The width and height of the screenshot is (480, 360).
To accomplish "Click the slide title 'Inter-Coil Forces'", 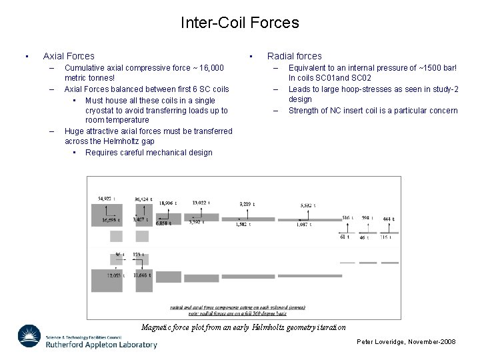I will (239, 23).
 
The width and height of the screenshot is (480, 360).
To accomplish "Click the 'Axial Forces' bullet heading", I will (69, 56).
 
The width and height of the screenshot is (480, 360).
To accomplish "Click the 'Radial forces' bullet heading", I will (294, 56).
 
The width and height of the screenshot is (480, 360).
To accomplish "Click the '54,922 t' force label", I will (107, 198).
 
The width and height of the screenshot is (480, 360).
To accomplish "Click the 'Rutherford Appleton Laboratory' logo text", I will (100, 345).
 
